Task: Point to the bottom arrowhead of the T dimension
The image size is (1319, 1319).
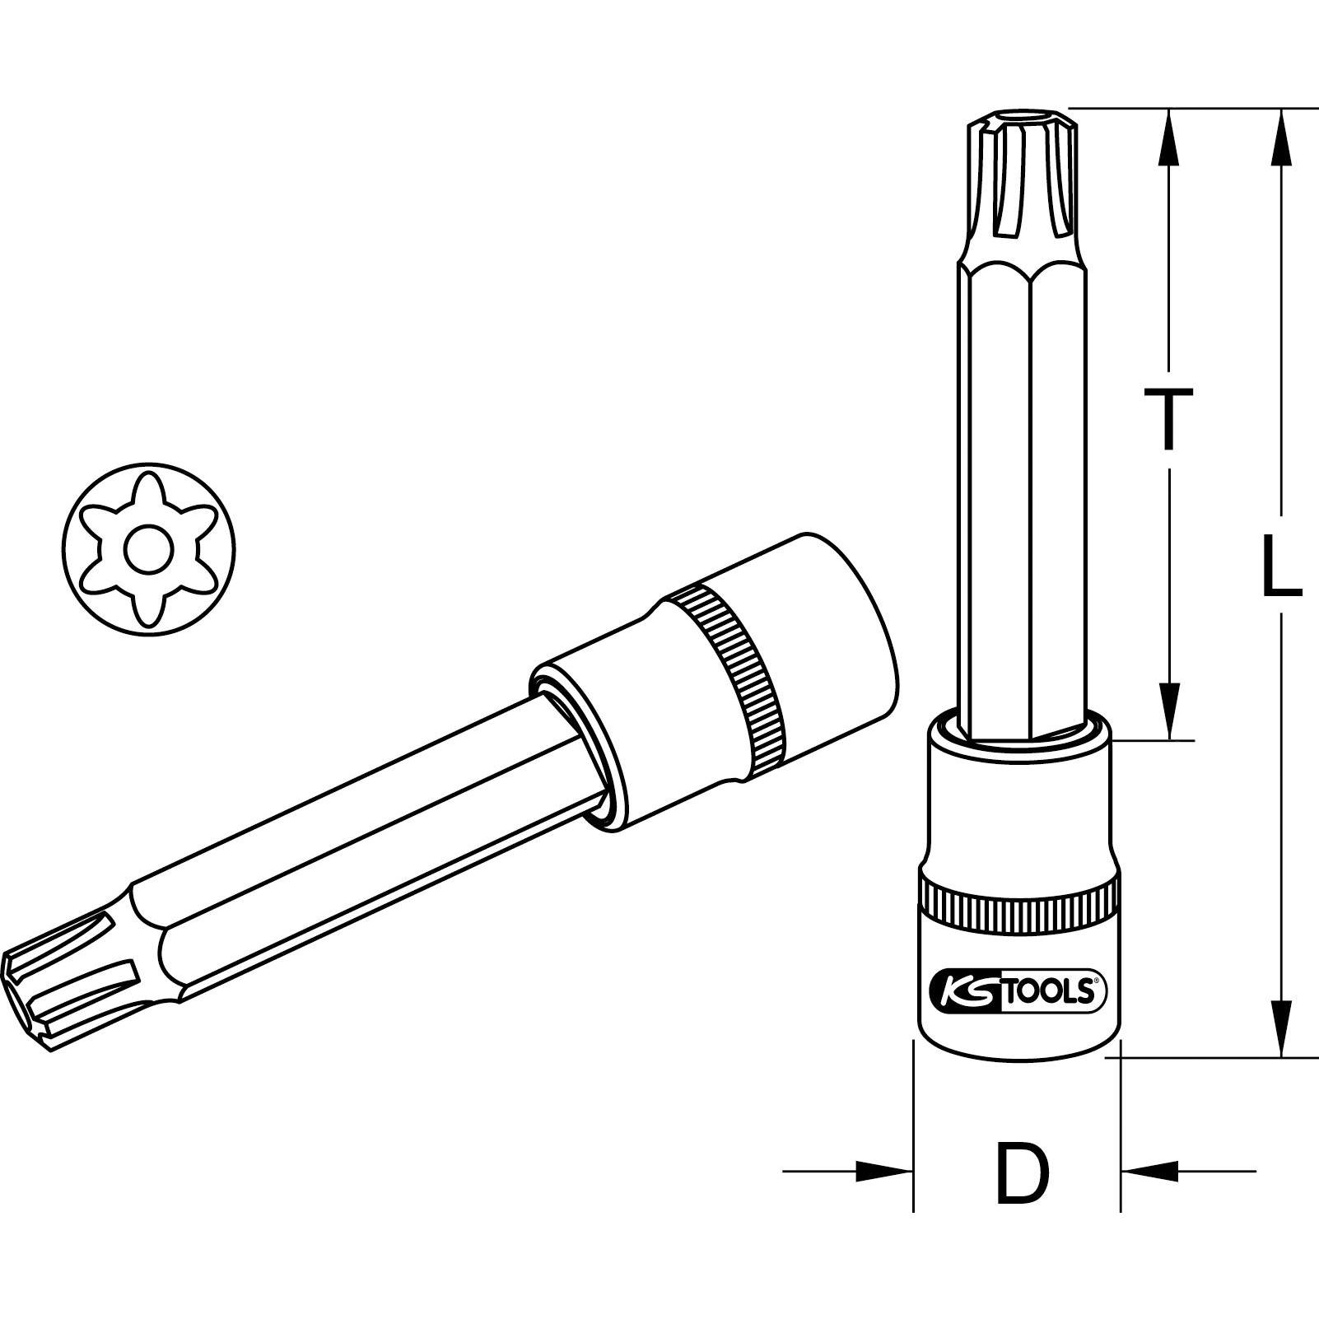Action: pyautogui.click(x=1168, y=710)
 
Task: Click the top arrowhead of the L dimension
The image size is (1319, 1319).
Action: pyautogui.click(x=1281, y=138)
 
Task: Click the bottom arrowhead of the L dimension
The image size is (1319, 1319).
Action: pyautogui.click(x=1281, y=1027)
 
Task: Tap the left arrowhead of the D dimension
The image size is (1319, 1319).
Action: pyautogui.click(x=884, y=1170)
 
